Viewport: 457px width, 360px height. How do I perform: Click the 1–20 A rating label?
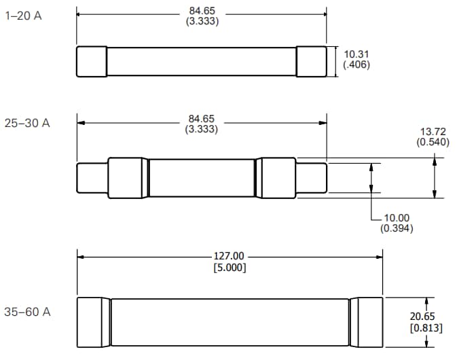point(23,16)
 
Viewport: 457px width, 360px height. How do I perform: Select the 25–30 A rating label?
point(27,124)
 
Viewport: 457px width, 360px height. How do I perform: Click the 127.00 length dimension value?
point(229,256)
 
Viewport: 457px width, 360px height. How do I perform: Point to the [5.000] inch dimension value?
point(229,267)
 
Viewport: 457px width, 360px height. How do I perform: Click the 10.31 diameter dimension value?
point(357,54)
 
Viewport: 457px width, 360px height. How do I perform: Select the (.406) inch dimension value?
point(357,65)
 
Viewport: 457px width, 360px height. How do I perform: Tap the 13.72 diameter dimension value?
point(432,131)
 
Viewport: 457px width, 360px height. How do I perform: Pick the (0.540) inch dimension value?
point(432,142)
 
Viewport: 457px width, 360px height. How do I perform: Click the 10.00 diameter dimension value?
point(397,218)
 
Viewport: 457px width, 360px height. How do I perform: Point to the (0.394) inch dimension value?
point(397,228)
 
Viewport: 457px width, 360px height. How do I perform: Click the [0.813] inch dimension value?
point(426,328)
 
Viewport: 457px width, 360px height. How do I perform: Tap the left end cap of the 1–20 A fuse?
point(92,61)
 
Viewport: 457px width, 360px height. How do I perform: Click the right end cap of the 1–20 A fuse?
point(311,61)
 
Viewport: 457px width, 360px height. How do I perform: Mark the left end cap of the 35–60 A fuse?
point(93,323)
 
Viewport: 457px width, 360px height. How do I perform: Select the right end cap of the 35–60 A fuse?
point(367,323)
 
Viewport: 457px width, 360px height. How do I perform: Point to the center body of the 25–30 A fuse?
point(202,179)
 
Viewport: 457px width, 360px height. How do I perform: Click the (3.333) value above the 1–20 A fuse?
point(202,21)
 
